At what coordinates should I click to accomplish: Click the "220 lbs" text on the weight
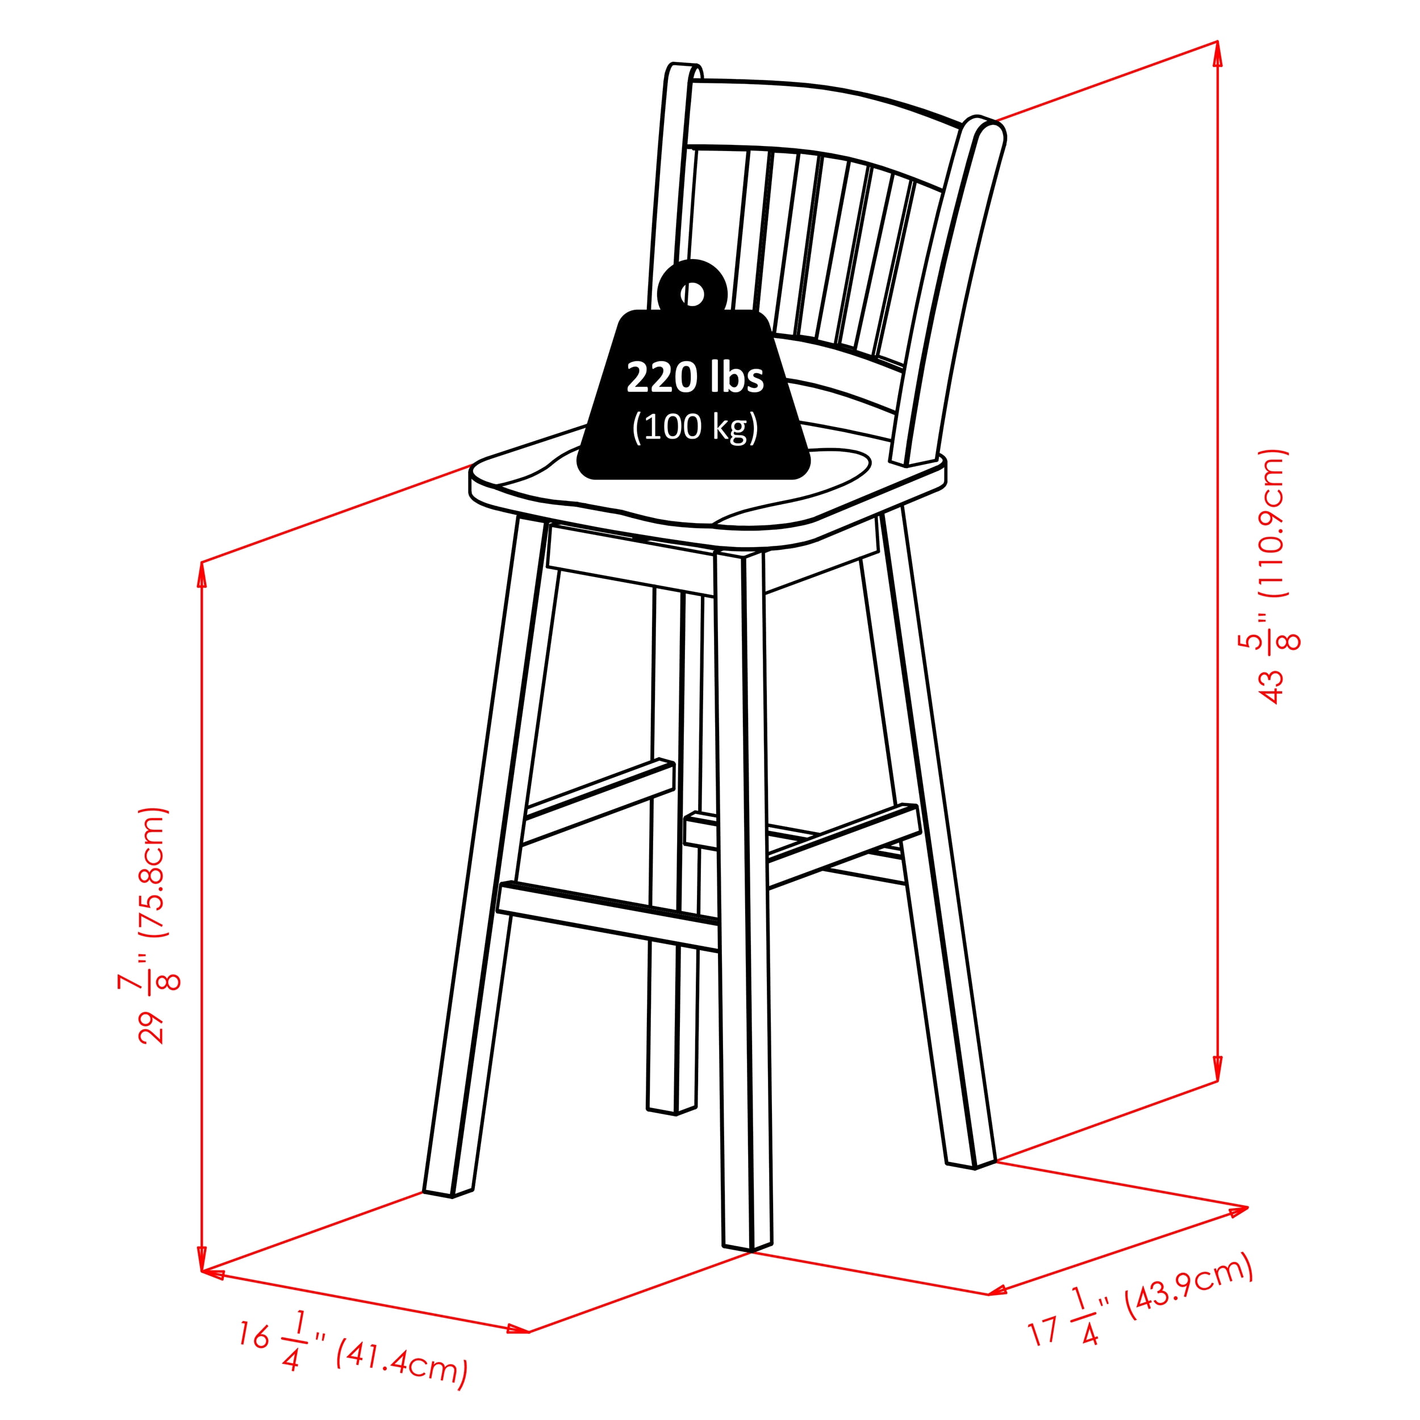[x=695, y=378]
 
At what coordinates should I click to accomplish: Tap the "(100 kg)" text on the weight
[x=695, y=427]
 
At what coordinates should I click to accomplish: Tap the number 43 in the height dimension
[x=1272, y=685]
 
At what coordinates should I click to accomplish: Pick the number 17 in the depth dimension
[x=1043, y=1330]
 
